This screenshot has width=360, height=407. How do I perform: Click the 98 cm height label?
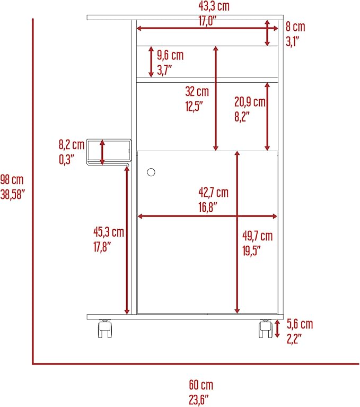click(12, 179)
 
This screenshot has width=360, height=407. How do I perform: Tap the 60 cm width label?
click(201, 385)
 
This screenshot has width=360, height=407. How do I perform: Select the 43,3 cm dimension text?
click(214, 6)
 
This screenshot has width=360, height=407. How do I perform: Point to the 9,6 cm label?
click(170, 55)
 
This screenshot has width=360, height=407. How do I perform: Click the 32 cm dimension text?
click(197, 91)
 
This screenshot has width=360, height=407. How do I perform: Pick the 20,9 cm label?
click(250, 102)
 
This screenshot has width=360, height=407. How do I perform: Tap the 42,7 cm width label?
click(214, 193)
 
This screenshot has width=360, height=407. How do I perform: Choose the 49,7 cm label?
click(258, 236)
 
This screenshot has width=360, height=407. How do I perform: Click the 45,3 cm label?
click(109, 232)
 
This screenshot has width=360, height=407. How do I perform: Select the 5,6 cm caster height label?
click(300, 324)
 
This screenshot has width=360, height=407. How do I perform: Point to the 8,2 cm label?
click(72, 144)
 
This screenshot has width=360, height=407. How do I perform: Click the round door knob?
click(151, 172)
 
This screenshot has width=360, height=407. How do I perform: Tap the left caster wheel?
click(105, 329)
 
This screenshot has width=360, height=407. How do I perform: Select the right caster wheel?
click(266, 329)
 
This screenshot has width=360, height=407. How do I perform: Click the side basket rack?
click(109, 152)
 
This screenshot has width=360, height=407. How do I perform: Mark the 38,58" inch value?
click(13, 194)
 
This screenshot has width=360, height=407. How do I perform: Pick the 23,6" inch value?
click(199, 400)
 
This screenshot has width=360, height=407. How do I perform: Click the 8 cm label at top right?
click(295, 27)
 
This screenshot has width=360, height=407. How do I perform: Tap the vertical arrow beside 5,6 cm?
click(277, 328)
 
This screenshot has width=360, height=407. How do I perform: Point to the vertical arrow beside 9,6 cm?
click(151, 62)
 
